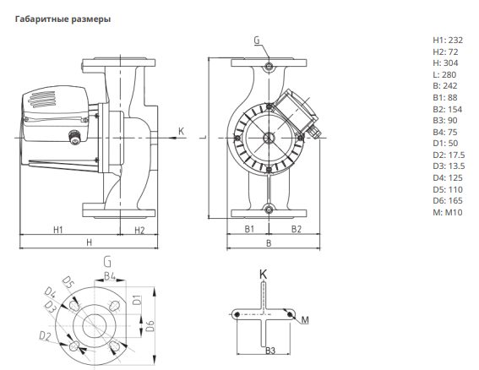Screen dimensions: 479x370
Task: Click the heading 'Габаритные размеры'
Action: coord(63,19)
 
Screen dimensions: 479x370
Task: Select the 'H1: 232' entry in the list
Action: coord(448,40)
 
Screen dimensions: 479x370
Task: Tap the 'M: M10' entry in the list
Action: coord(448,212)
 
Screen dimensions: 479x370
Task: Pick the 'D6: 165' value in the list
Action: coord(448,201)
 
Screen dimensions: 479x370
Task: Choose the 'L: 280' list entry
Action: coord(444,74)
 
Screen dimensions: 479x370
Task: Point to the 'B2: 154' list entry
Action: coord(448,109)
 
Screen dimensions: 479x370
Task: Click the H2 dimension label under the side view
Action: coord(139,230)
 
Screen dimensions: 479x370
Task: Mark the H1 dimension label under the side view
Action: coord(58,230)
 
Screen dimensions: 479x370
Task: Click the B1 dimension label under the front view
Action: coord(249,229)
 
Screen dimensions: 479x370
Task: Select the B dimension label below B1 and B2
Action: coord(269,243)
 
